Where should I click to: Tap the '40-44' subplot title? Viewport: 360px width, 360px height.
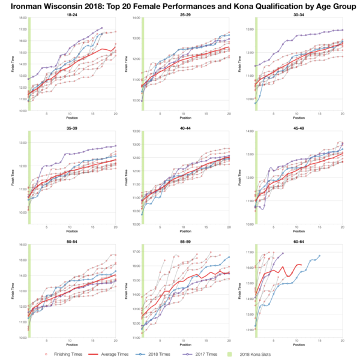[x=180, y=128]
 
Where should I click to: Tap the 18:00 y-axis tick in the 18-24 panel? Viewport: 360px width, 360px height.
[x=22, y=18]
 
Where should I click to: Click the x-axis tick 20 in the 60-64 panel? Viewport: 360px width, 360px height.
[x=342, y=342]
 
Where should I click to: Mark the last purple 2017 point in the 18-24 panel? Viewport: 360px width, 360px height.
[x=102, y=28]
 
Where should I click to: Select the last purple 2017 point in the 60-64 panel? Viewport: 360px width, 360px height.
[x=283, y=253]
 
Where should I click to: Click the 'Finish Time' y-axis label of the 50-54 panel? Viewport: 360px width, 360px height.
[x=10, y=291]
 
